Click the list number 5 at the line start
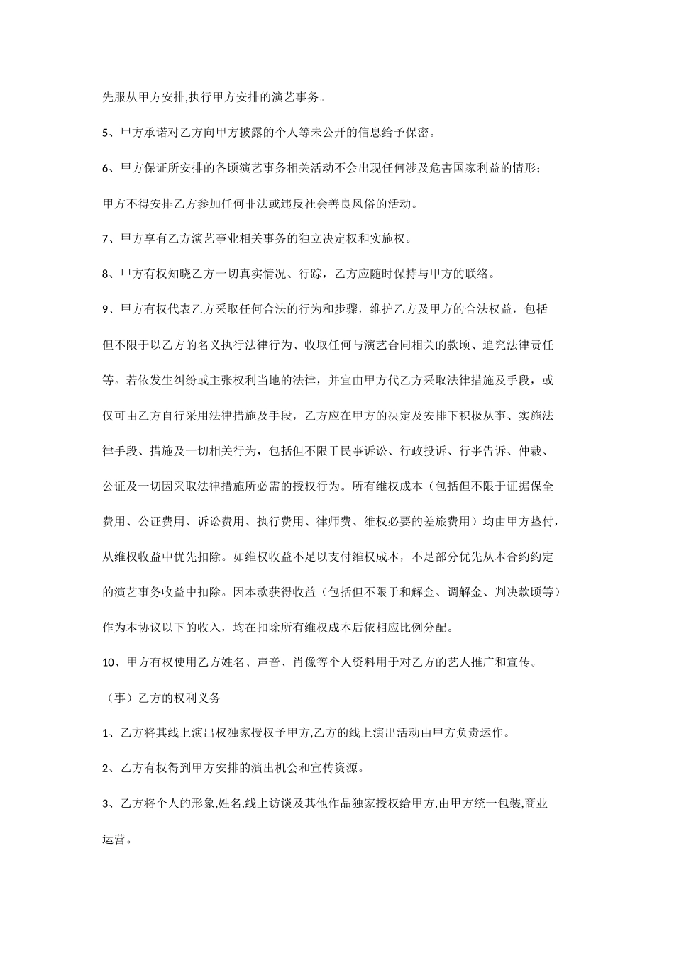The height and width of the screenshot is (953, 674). pos(106,133)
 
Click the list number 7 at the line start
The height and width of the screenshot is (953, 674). pos(106,239)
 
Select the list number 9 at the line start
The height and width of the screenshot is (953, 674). pos(106,309)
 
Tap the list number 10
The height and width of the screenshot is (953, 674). pos(110,663)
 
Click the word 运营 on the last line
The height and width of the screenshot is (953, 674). pos(116,840)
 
